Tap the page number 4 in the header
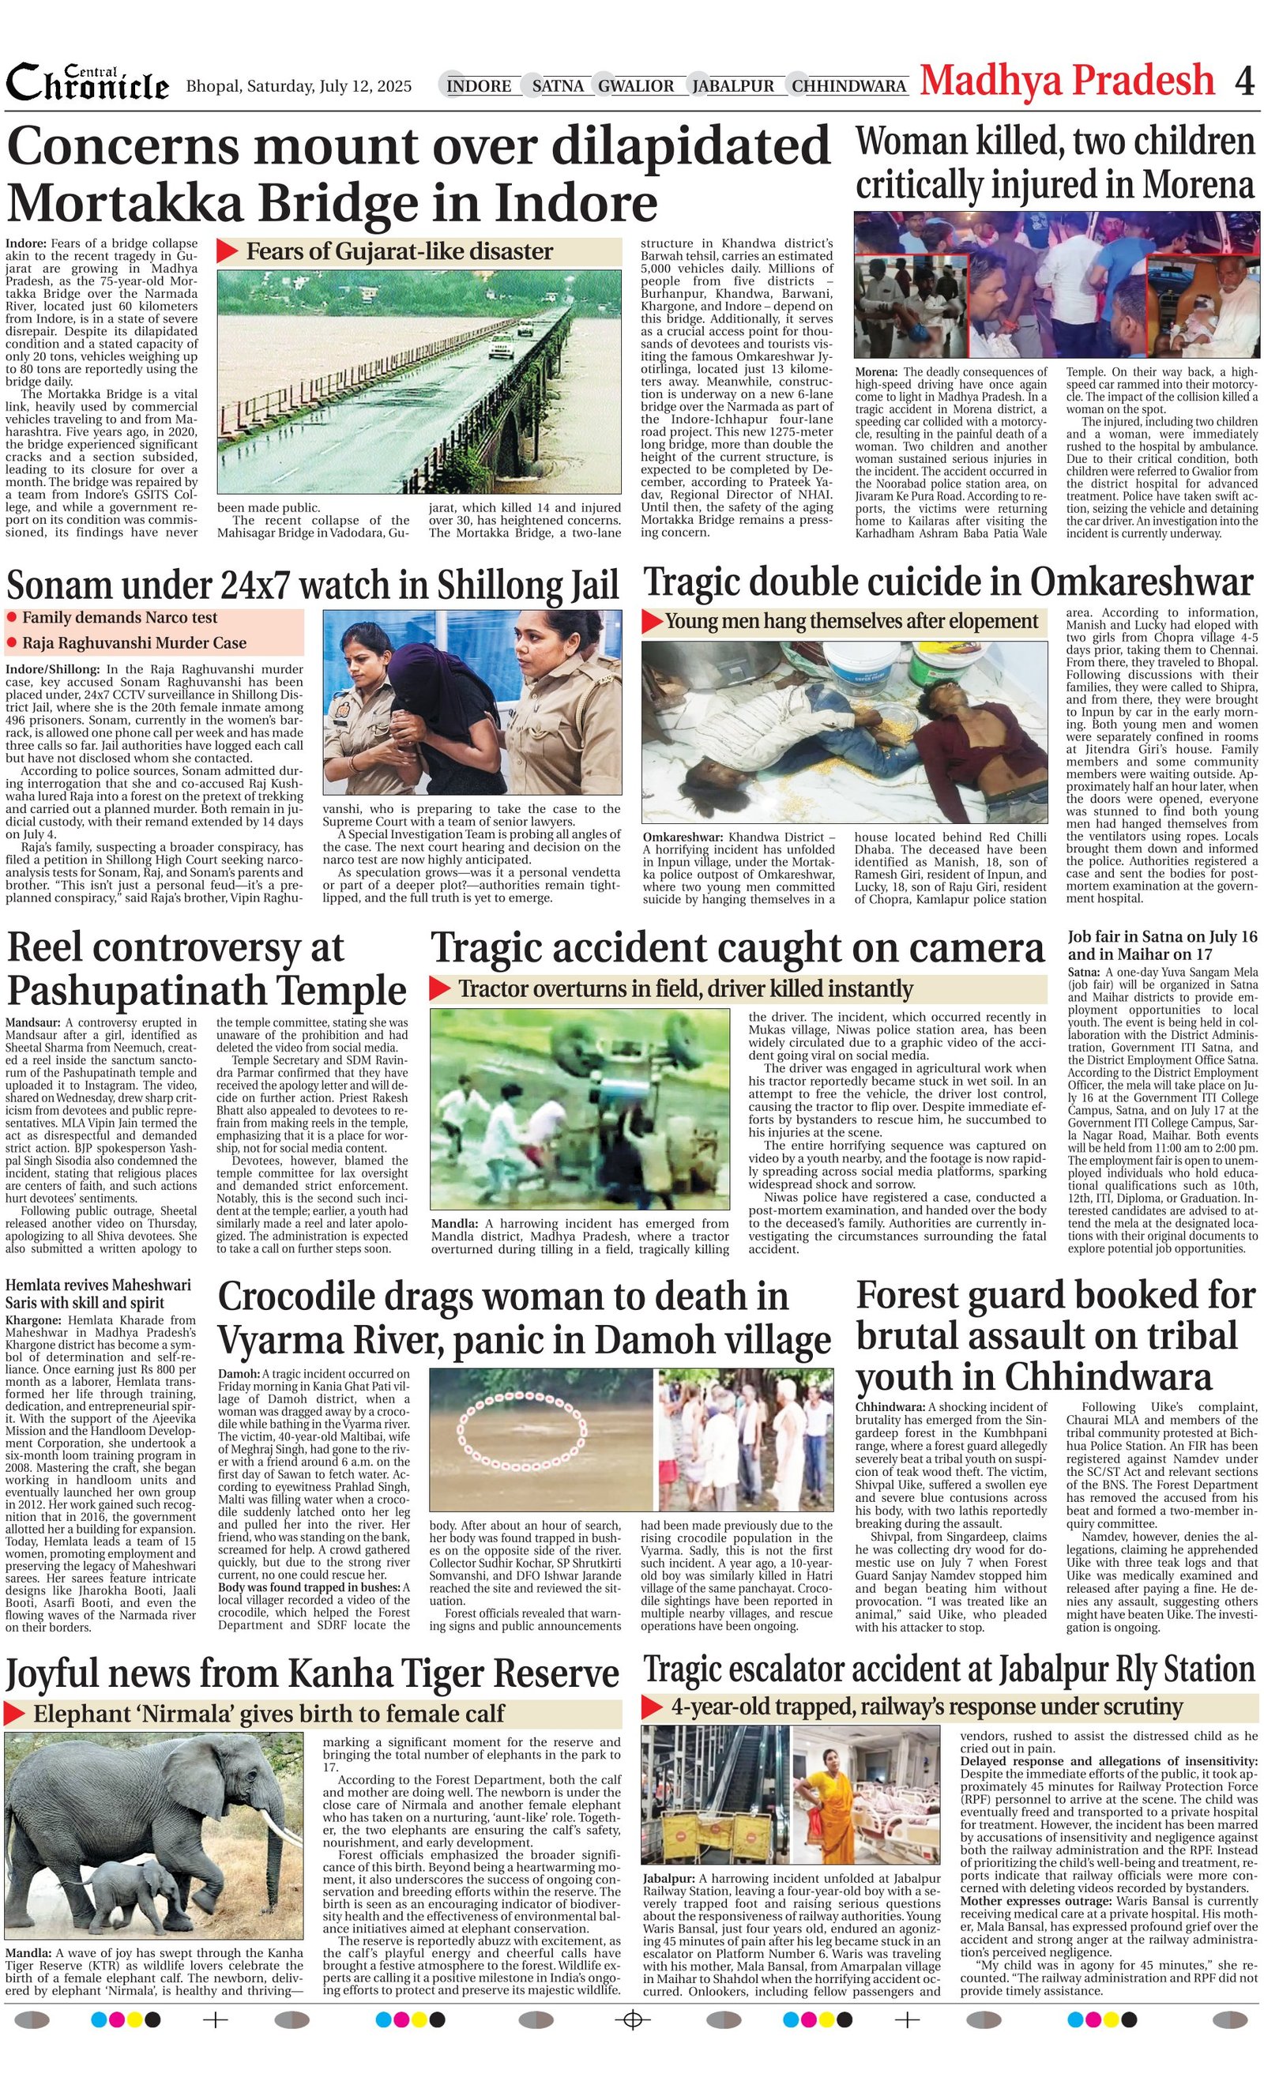(x=1243, y=82)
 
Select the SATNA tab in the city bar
(x=558, y=85)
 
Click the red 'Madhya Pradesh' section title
(x=1067, y=81)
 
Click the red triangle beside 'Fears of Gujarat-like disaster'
(x=228, y=251)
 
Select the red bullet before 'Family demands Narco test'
(x=12, y=618)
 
